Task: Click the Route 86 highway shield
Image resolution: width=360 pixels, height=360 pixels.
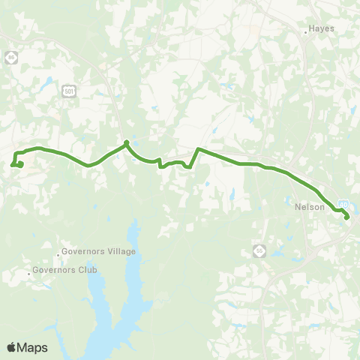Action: [10, 58]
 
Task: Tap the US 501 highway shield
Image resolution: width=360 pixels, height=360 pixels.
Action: [69, 91]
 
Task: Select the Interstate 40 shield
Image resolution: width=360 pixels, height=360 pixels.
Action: [343, 203]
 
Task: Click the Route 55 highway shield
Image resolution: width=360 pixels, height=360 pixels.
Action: [259, 250]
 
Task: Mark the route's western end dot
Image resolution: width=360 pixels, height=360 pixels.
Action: [20, 165]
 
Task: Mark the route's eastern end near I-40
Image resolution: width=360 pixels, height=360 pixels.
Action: [346, 217]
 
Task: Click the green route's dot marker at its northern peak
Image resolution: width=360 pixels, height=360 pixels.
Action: [127, 142]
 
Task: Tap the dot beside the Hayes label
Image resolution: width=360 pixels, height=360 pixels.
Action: [307, 31]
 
